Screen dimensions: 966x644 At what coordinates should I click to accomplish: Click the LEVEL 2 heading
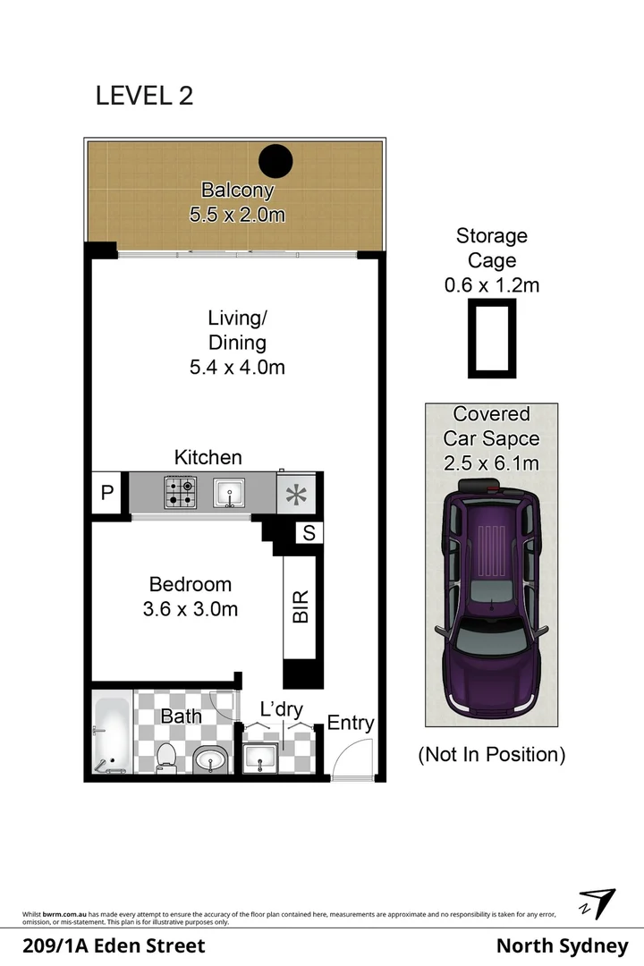click(x=144, y=96)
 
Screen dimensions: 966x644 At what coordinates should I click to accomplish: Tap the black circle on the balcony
click(x=275, y=161)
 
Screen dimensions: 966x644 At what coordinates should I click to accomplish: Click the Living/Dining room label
click(x=237, y=342)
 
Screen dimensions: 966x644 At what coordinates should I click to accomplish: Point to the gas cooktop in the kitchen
click(x=179, y=492)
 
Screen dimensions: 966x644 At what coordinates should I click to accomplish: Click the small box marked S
click(x=309, y=533)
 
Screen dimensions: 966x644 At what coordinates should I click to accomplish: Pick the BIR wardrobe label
click(x=301, y=606)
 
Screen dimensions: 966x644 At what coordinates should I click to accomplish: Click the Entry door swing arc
click(x=345, y=762)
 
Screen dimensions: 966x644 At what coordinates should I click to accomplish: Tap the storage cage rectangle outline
click(x=490, y=339)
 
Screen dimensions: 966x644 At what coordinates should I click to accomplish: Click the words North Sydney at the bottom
click(x=562, y=945)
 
